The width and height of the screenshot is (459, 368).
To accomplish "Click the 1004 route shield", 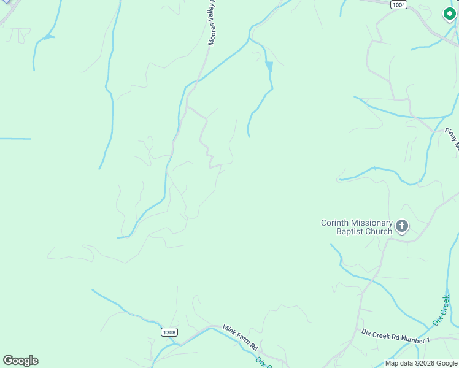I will point(399,4).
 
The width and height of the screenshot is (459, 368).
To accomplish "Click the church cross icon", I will point(402,227).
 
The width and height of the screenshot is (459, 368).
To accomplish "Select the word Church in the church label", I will point(379,231).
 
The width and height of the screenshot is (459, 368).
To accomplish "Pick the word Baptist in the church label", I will point(350,231).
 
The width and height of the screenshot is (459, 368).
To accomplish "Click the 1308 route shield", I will point(170,332).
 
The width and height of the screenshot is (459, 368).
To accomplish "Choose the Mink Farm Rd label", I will point(240,338).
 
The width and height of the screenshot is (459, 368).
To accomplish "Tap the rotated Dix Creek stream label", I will point(441,310).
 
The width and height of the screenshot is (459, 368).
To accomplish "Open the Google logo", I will point(20,361).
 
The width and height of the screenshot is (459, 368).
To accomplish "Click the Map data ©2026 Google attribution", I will point(421,363).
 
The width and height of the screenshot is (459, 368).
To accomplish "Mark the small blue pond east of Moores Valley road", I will point(269,66).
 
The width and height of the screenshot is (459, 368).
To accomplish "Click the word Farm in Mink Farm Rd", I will point(241,338).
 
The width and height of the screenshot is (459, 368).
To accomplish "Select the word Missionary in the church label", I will point(371,223).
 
